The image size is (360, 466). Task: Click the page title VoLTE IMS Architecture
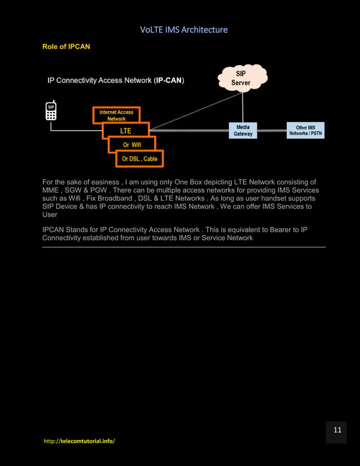coord(183,29)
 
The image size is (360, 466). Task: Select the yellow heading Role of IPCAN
coord(66,46)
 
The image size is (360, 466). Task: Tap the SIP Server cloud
coord(241,78)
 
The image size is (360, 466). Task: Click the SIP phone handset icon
coord(51,111)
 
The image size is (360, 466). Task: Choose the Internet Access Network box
coord(116,115)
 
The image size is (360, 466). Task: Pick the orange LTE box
coord(125,130)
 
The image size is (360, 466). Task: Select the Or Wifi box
coord(132,145)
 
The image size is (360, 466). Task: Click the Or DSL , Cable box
coord(139,159)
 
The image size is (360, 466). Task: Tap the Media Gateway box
coord(243,130)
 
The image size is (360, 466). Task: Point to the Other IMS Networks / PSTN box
coord(305,130)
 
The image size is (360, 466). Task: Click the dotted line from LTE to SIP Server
coord(195,111)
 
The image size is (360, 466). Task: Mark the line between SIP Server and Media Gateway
coord(243,107)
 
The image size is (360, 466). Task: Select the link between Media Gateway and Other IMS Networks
coord(271,130)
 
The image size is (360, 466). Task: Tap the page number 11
coord(337,430)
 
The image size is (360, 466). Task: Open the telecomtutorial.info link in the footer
coord(79,441)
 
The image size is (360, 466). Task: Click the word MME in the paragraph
coord(51,190)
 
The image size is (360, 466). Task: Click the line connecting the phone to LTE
coord(76,131)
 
